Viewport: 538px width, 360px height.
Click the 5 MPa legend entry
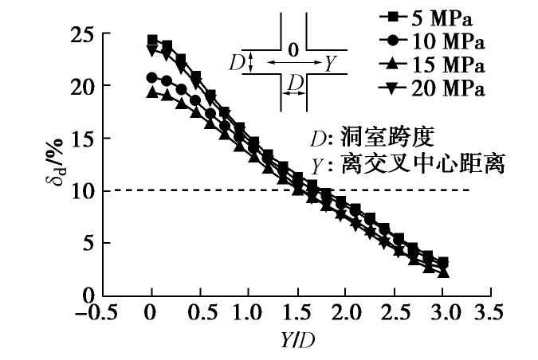click(x=439, y=16)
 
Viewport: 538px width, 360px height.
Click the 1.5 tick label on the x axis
click(x=296, y=311)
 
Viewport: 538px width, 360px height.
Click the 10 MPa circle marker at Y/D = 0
click(x=152, y=77)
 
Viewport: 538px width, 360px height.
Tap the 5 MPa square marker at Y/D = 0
click(x=152, y=40)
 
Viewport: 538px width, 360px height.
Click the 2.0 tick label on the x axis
click(x=344, y=311)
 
